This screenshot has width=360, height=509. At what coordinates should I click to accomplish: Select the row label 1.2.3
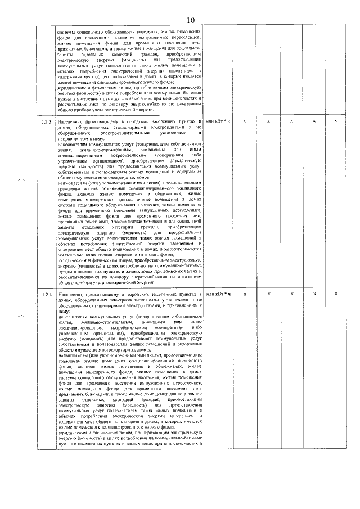point(46,122)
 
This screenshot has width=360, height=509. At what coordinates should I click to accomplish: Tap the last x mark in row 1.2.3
point(336,121)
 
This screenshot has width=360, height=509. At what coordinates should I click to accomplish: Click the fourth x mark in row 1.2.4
point(314,294)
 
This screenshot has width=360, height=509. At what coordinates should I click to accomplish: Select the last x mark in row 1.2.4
point(336,294)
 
